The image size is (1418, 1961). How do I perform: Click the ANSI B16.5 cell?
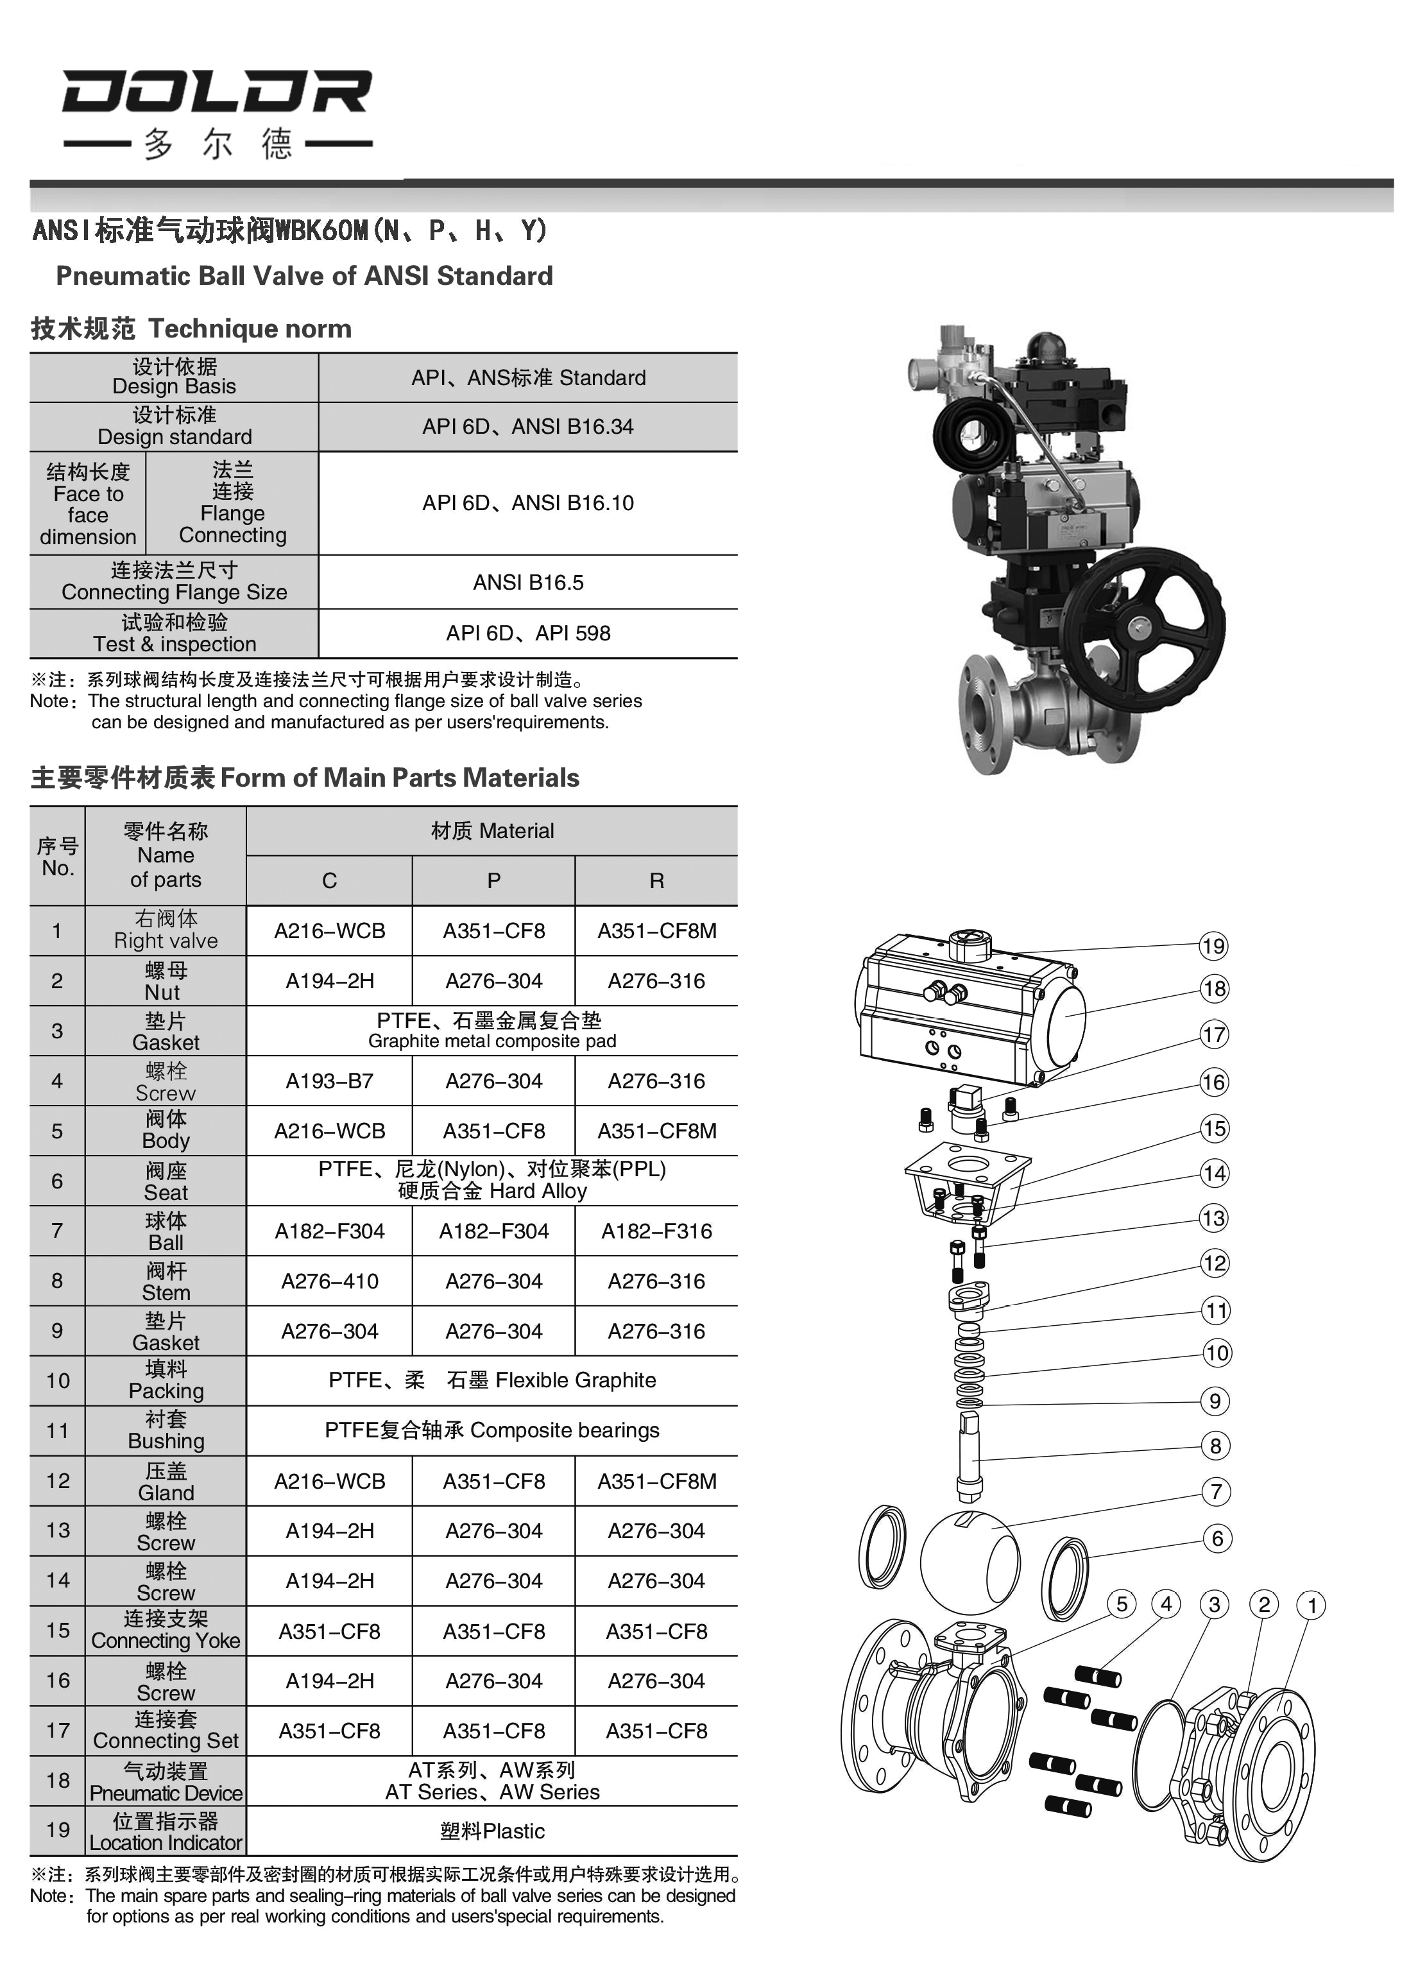click(527, 583)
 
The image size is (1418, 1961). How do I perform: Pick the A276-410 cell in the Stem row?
click(329, 1281)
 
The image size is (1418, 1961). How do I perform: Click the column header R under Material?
click(656, 881)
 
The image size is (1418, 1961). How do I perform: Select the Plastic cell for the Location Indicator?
click(492, 1831)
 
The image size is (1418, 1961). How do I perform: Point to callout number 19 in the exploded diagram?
click(1213, 946)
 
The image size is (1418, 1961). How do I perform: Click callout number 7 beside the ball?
click(1216, 1491)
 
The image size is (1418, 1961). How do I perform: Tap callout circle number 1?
click(1311, 1606)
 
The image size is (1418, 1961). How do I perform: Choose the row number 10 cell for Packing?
click(57, 1381)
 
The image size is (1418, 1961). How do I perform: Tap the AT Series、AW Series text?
click(492, 1792)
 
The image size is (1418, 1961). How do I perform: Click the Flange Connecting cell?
click(232, 503)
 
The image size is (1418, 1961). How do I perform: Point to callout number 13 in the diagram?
click(1213, 1219)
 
